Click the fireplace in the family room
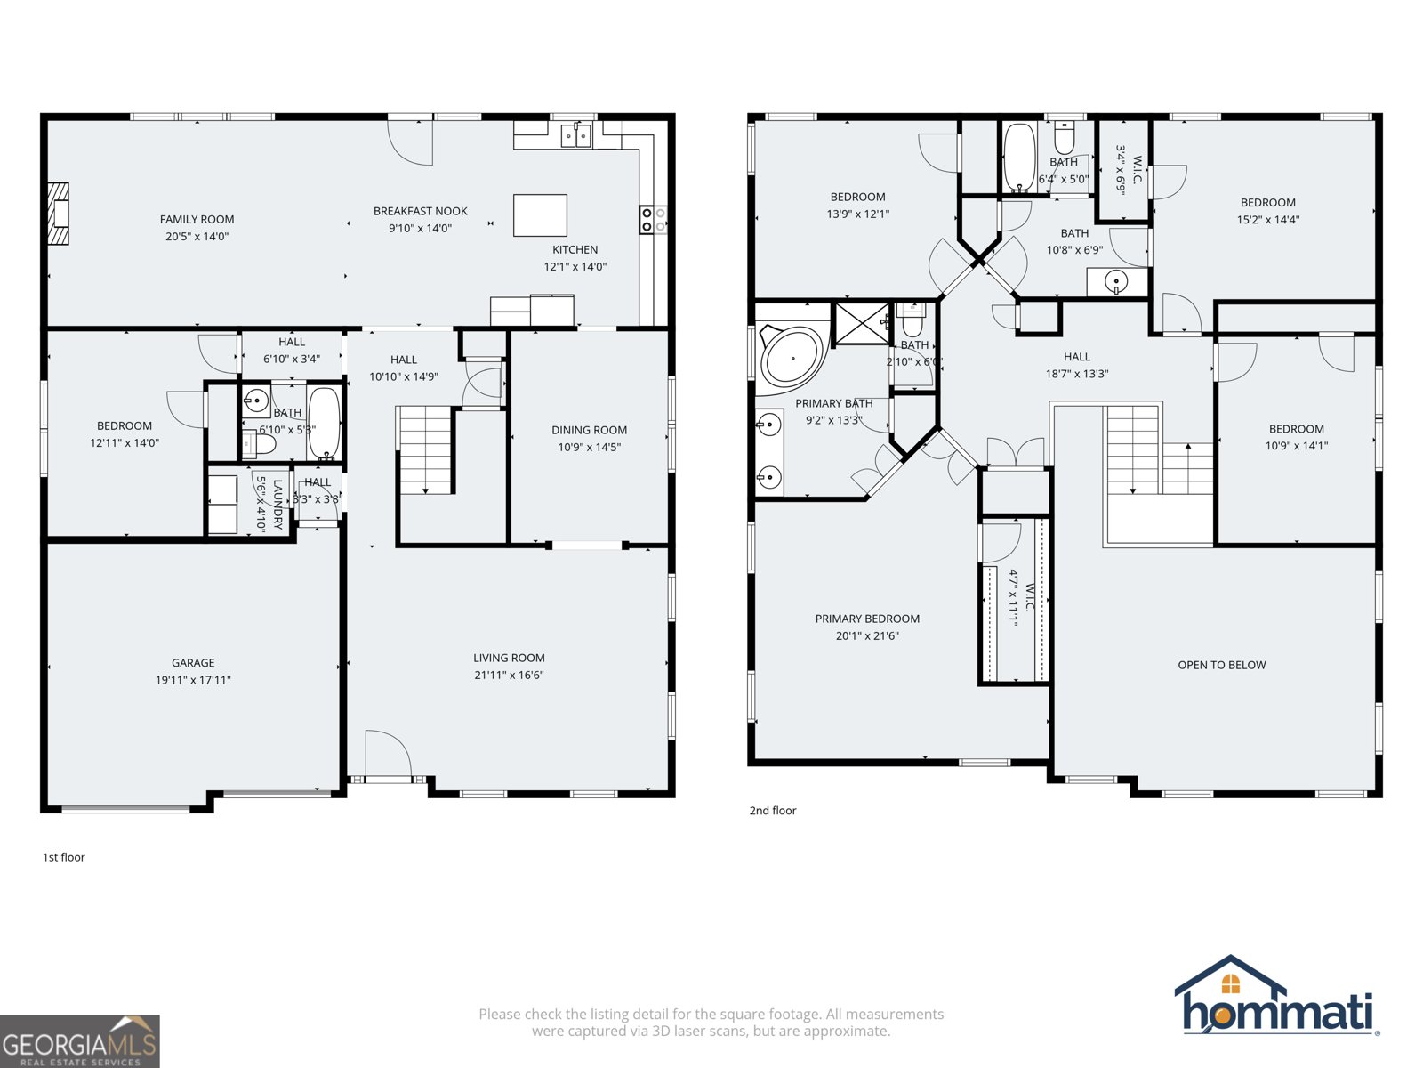(x=59, y=214)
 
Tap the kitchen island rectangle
(x=540, y=214)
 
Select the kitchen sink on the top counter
(x=575, y=135)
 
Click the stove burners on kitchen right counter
(x=653, y=219)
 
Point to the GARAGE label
(x=193, y=662)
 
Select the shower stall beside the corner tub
(x=861, y=322)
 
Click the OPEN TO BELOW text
(x=1221, y=665)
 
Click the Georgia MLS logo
(x=80, y=1041)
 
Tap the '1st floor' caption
(x=64, y=857)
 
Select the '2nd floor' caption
(x=772, y=810)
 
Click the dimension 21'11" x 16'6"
(x=509, y=675)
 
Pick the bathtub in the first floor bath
(x=324, y=422)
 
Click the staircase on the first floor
(x=426, y=449)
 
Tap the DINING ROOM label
(x=589, y=430)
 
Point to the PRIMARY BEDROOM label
(x=867, y=619)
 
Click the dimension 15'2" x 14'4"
(x=1267, y=219)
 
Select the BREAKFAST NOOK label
(x=420, y=211)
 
